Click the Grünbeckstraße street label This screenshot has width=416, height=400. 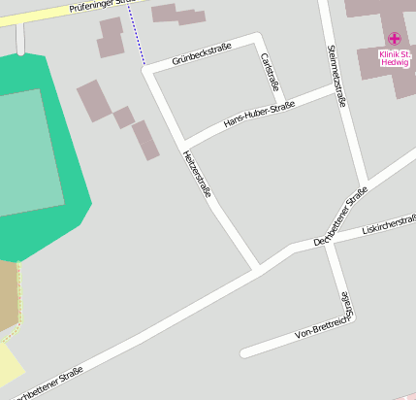click(x=202, y=53)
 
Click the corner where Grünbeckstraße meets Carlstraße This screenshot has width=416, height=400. click(x=258, y=38)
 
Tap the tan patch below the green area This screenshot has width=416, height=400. click(x=8, y=296)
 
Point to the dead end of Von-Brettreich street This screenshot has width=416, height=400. click(x=244, y=352)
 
